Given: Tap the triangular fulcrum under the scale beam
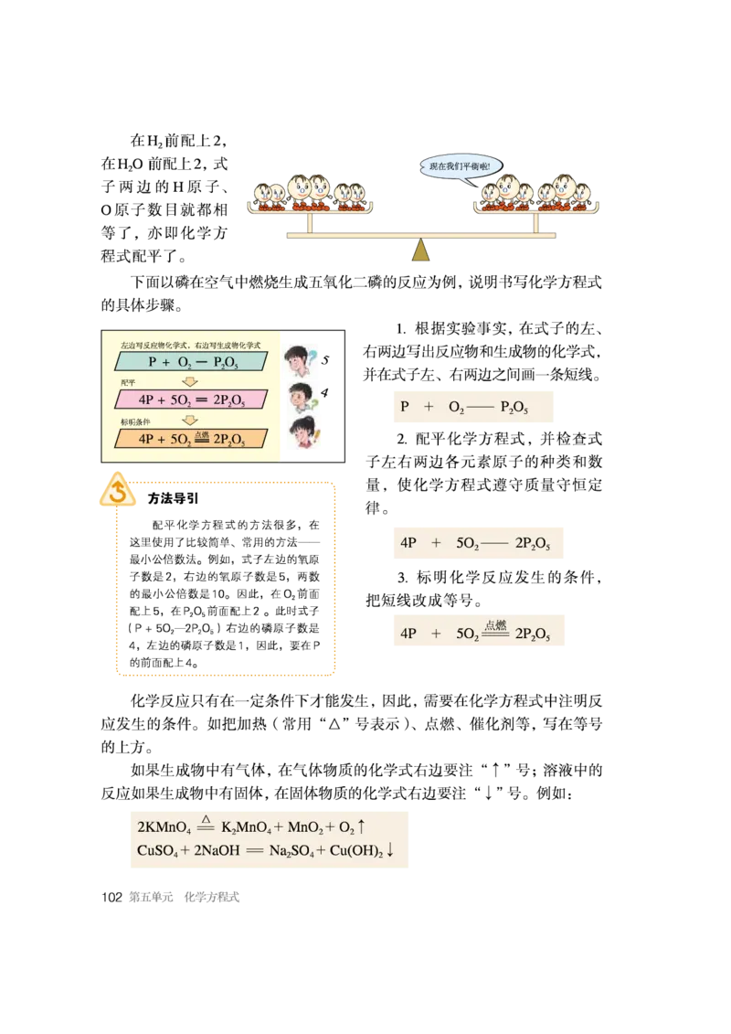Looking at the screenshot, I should pos(420,251).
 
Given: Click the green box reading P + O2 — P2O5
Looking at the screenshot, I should pos(191,362).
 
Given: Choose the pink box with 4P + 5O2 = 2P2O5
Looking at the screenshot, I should pos(191,400).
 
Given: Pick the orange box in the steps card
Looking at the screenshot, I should pos(191,439).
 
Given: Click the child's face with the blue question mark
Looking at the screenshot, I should pos(299,357).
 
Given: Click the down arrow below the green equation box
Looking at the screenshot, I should pos(190,381).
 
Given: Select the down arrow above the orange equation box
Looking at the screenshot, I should pos(190,420).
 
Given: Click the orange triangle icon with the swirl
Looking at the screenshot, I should pos(117,492).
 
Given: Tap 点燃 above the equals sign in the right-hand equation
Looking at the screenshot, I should pos(494,625).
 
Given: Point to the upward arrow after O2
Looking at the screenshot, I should pos(361,826).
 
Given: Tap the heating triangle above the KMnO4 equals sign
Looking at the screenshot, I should pos(206,819).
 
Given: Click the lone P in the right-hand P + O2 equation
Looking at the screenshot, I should pos(405,407).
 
